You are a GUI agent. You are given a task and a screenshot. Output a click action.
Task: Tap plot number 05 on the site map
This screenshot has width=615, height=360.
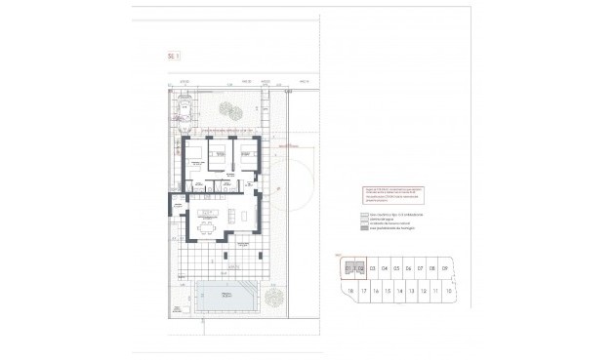[396, 267]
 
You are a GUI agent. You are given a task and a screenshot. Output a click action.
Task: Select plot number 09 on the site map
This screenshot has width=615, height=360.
[444, 267]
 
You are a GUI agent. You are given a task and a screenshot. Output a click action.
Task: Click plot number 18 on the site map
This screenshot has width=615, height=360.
[349, 292]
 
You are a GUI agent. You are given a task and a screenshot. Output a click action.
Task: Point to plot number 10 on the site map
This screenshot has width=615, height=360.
[446, 292]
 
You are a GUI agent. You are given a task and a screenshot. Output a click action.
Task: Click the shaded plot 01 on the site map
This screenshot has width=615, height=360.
[348, 267]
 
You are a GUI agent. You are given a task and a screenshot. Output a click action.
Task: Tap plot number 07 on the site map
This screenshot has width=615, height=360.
[421, 267]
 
